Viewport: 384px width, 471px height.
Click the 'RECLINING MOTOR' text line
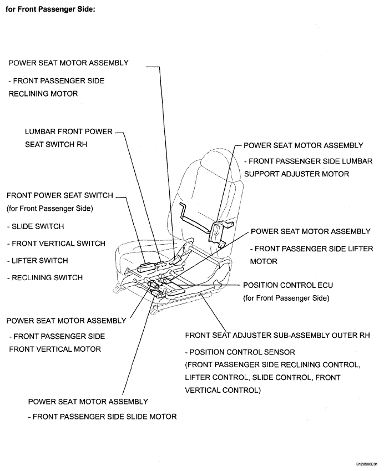[x=43, y=94]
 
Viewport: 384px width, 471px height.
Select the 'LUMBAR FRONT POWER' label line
[x=69, y=132]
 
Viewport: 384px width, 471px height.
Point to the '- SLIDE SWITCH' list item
[x=36, y=226]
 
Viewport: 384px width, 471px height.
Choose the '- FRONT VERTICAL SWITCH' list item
[x=57, y=244]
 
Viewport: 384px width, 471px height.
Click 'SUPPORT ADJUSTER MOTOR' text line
[x=297, y=174]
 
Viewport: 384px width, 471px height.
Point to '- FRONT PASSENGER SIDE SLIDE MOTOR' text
[x=102, y=417]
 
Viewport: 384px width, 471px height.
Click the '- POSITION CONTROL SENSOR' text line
[x=240, y=352]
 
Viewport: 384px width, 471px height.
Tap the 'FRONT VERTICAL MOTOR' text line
[x=55, y=350]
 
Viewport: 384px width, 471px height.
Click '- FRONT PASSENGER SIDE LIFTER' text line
[x=311, y=249]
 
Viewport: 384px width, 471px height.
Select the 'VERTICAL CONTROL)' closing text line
[x=222, y=390]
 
